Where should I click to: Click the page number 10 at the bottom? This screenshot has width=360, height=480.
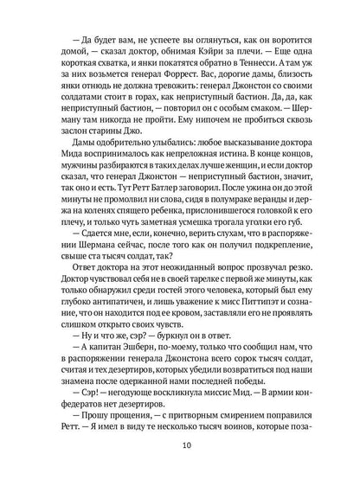(181, 446)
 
